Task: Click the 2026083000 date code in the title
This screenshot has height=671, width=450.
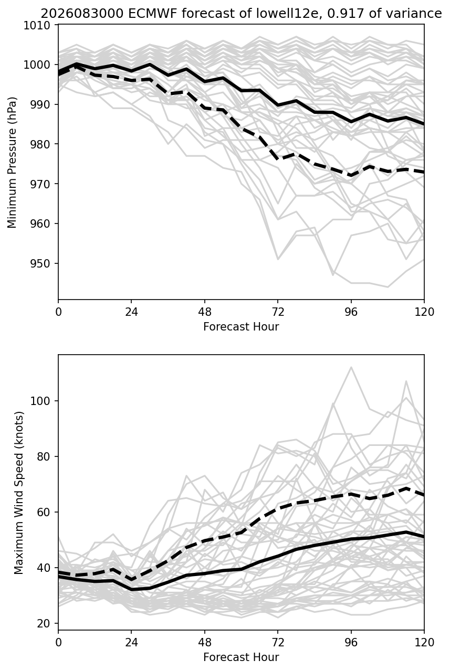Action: [82, 14]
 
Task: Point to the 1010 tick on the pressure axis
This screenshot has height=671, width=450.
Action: [37, 25]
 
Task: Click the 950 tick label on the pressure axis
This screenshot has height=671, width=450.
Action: [40, 263]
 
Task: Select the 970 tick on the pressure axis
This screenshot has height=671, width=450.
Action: [40, 184]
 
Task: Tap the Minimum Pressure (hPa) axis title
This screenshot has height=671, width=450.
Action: [12, 162]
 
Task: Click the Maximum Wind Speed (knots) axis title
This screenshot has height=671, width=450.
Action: [18, 493]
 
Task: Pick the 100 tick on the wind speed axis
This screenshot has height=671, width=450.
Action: [40, 401]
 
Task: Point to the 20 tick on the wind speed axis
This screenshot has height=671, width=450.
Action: [44, 624]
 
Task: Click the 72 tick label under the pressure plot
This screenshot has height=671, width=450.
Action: [278, 312]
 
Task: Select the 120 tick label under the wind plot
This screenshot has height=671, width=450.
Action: [424, 643]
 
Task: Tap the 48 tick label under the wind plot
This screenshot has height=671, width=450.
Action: [205, 643]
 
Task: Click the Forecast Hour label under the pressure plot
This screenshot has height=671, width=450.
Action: [241, 327]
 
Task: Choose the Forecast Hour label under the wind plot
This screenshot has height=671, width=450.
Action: [241, 657]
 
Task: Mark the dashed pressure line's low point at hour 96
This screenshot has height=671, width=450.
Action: [351, 176]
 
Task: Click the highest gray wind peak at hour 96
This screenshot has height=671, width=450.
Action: [351, 367]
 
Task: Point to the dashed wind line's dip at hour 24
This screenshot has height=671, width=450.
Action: [131, 579]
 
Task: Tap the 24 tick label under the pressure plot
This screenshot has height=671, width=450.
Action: [131, 312]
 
